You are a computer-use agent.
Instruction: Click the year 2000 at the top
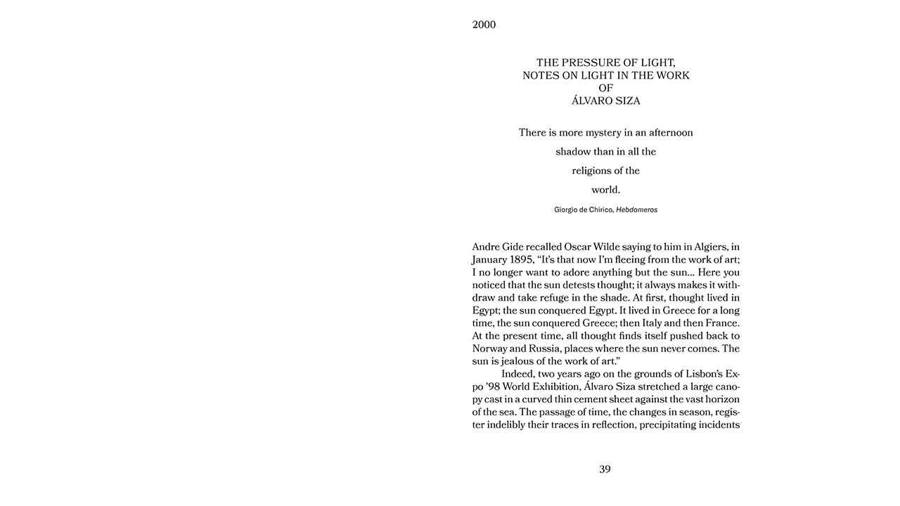[484, 25]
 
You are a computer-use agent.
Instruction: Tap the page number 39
[605, 469]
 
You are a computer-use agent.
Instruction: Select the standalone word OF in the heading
[605, 88]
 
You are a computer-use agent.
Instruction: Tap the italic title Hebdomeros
[636, 209]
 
